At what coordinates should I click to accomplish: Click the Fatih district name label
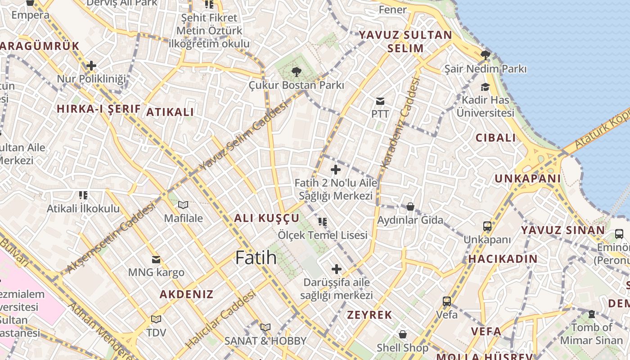click(256, 257)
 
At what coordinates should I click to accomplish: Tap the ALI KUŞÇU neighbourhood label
click(266, 218)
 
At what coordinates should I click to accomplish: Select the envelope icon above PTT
click(380, 101)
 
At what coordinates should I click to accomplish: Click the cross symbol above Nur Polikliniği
click(91, 66)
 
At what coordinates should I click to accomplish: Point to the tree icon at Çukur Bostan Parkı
click(296, 72)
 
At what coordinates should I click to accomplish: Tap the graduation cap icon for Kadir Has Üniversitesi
click(485, 87)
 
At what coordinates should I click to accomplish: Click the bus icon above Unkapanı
click(487, 226)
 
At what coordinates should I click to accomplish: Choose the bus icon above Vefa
click(447, 301)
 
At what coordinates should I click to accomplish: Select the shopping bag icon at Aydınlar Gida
click(410, 207)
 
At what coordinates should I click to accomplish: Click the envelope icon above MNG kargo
click(156, 259)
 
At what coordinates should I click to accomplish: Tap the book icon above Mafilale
click(183, 205)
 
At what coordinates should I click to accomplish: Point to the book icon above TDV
click(156, 319)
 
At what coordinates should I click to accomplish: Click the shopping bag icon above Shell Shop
click(403, 334)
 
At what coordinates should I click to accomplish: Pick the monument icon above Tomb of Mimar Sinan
click(592, 314)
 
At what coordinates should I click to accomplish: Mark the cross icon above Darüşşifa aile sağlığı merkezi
click(336, 269)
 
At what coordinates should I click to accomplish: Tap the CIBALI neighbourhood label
click(496, 138)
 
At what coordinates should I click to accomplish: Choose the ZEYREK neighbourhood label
click(369, 315)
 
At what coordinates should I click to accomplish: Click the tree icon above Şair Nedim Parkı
click(485, 55)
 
